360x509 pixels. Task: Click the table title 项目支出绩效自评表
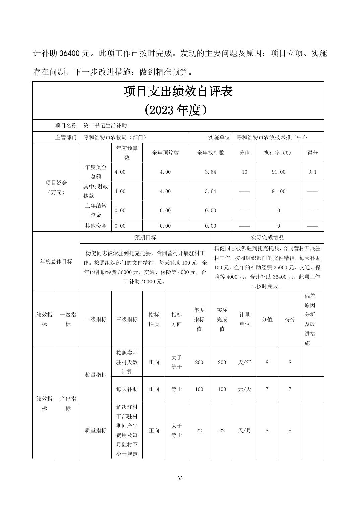178,91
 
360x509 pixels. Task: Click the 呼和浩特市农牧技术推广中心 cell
272,137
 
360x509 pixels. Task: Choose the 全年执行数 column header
211,153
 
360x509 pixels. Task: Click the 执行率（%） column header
278,153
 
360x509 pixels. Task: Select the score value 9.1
312,172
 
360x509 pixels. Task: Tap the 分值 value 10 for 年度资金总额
244,172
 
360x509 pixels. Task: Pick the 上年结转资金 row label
96,210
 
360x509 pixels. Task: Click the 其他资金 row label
96,226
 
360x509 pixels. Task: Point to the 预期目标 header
145,238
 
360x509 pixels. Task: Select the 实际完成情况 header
267,238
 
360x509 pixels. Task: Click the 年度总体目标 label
56,262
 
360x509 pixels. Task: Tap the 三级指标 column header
127,319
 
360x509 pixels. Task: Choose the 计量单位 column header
244,319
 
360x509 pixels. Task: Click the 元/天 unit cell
244,389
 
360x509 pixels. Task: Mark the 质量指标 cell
96,430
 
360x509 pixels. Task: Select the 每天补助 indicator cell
127,389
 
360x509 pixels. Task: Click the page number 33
180,478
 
